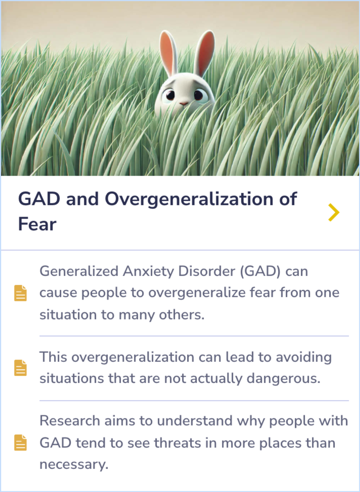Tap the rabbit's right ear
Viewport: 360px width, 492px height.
[205, 52]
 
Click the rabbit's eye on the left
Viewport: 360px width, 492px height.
[170, 95]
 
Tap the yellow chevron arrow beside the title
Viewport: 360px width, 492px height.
[333, 212]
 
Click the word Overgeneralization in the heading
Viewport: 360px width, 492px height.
[189, 200]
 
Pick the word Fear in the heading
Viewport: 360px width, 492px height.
[37, 224]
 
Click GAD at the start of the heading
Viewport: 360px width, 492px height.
[39, 199]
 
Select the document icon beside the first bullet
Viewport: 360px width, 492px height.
[20, 293]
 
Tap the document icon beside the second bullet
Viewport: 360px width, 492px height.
[20, 368]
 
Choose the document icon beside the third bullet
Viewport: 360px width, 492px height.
[20, 442]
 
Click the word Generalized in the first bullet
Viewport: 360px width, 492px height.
[79, 271]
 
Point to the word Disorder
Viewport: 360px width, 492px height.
[207, 271]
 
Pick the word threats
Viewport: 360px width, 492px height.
[177, 443]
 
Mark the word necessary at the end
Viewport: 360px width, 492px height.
[74, 464]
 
